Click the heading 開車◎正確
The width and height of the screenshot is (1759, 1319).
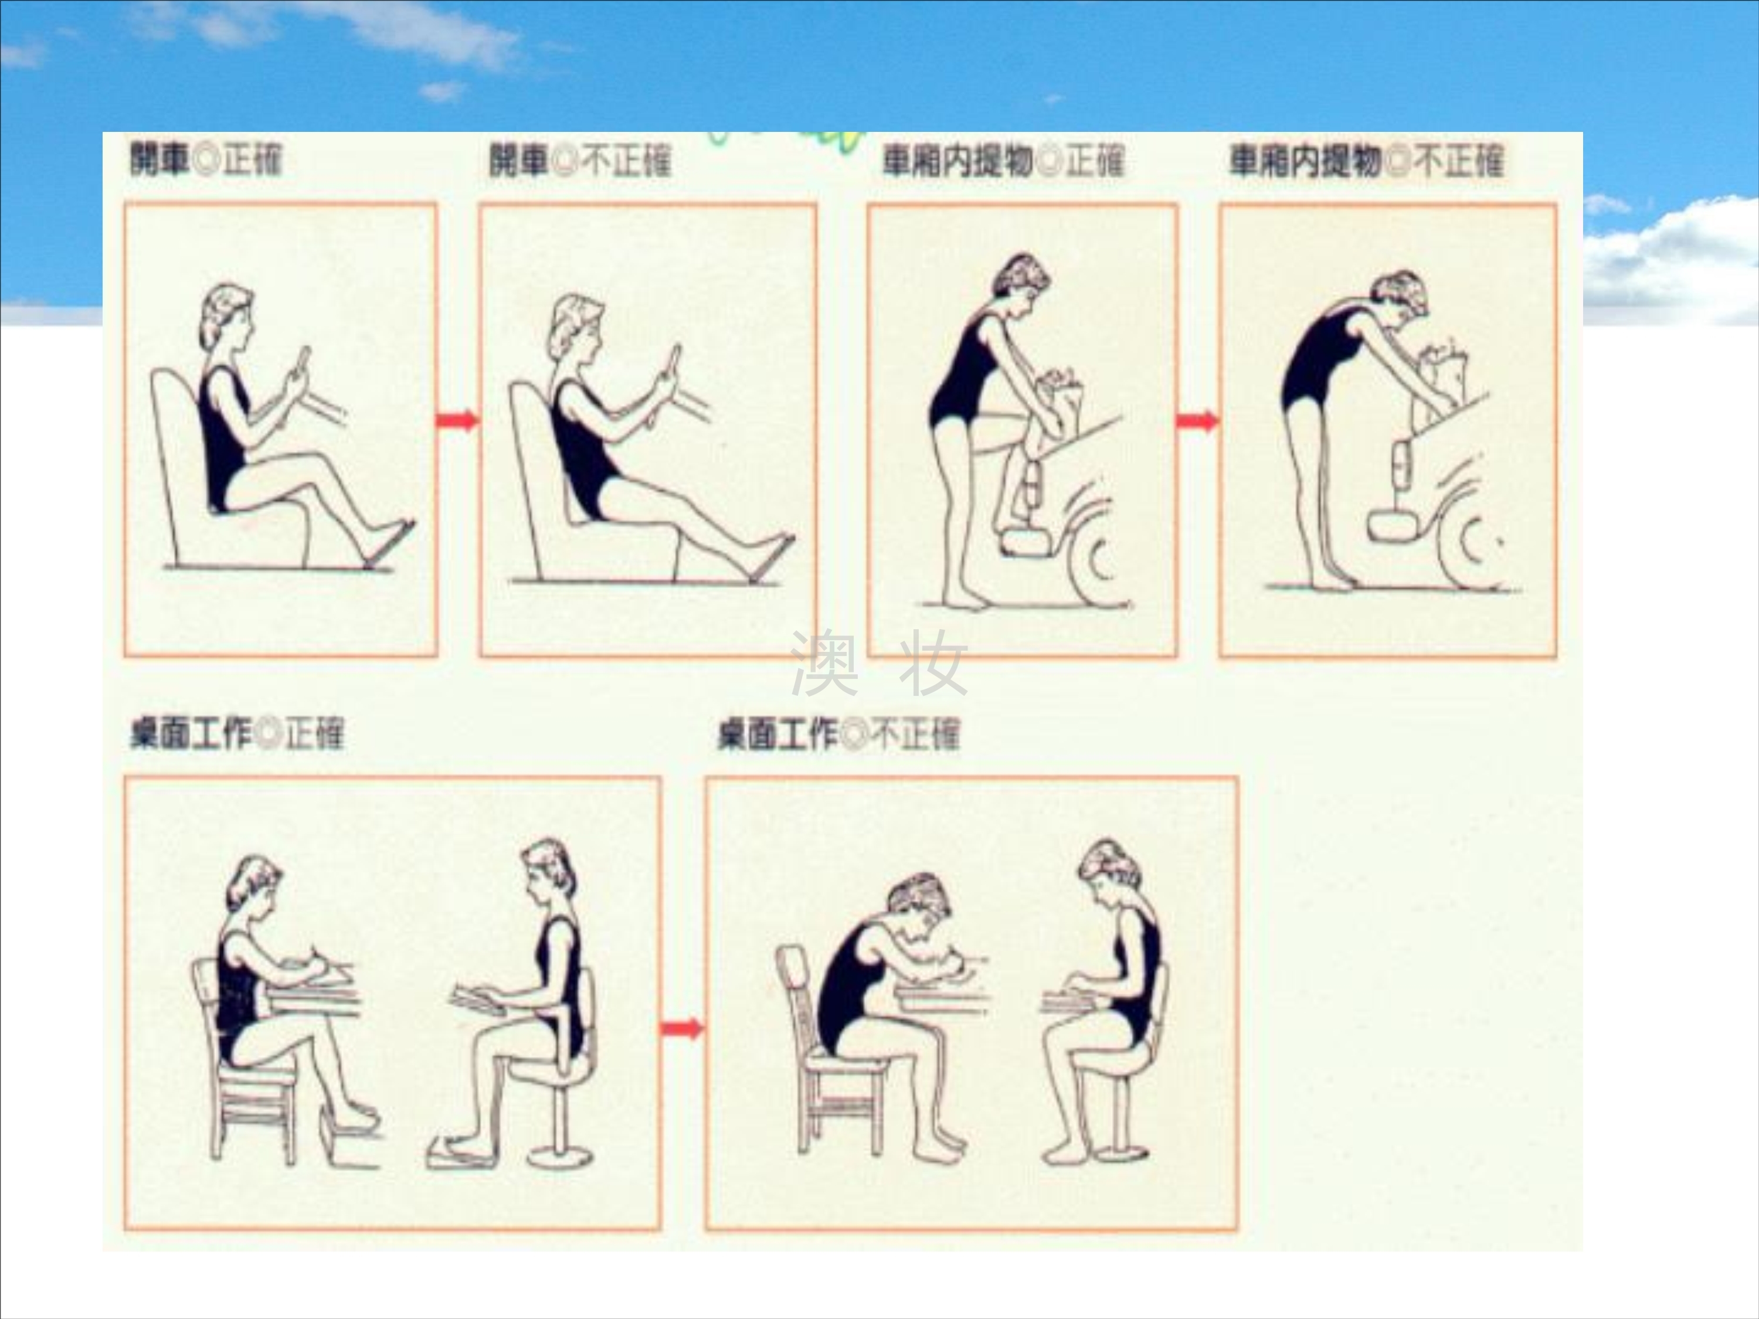206,160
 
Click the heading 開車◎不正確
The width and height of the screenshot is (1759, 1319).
580,161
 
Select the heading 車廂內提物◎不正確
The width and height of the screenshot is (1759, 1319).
1366,161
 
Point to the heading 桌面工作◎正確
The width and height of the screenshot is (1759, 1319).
237,733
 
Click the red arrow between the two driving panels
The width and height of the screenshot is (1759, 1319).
457,420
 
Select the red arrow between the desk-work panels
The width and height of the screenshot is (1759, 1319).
682,1029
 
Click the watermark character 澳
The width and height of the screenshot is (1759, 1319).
824,663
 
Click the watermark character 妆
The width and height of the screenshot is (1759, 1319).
933,663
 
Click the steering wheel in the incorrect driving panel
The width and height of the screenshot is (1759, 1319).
667,382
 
